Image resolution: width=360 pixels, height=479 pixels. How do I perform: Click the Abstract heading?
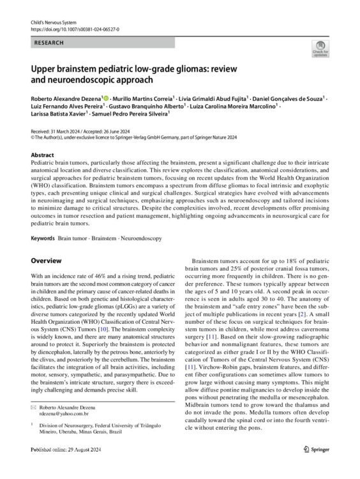(x=43, y=156)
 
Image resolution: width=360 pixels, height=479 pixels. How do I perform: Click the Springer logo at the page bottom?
(x=315, y=467)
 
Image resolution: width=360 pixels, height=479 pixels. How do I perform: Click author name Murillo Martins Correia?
(x=142, y=100)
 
